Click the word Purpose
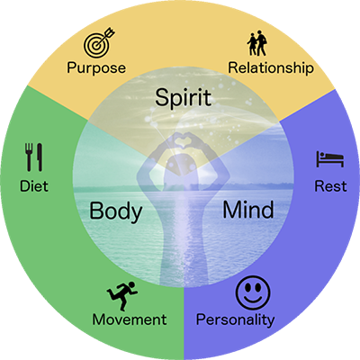click(96, 68)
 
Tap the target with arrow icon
click(96, 44)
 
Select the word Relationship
click(271, 68)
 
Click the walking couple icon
click(257, 43)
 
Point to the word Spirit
click(183, 97)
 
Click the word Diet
click(34, 186)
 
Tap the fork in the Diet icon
click(29, 157)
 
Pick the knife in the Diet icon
click(40, 157)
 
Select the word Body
click(116, 211)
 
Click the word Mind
click(248, 210)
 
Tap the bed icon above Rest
click(329, 159)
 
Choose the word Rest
click(330, 186)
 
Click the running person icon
click(122, 295)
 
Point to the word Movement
click(130, 319)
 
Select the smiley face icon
click(253, 293)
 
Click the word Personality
click(235, 319)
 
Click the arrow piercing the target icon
click(105, 37)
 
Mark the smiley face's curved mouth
click(253, 299)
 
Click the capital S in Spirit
click(162, 97)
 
